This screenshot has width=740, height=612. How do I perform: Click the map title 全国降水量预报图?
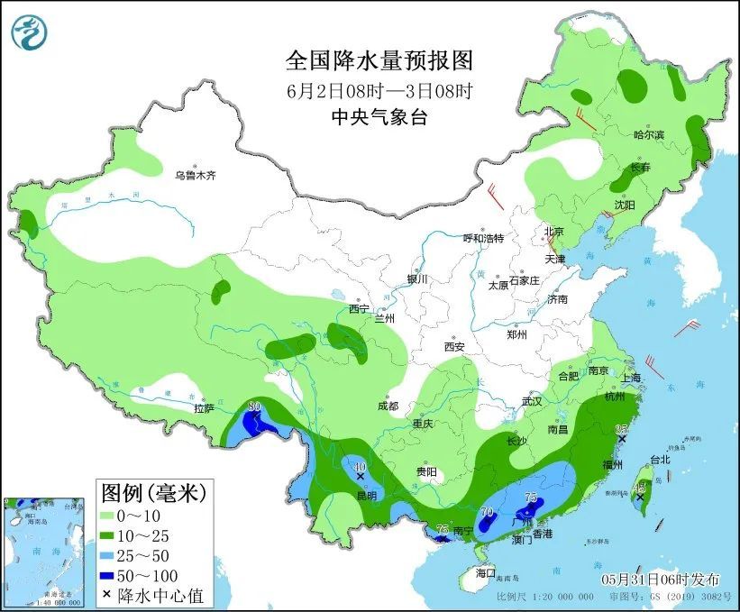[x=379, y=61]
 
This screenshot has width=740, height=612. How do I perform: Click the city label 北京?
[x=553, y=232]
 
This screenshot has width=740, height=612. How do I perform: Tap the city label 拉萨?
[x=203, y=408]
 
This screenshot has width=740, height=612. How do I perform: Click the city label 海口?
[x=486, y=572]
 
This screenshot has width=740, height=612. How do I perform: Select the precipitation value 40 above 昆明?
[x=360, y=468]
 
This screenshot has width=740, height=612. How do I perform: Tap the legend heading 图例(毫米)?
[x=153, y=493]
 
